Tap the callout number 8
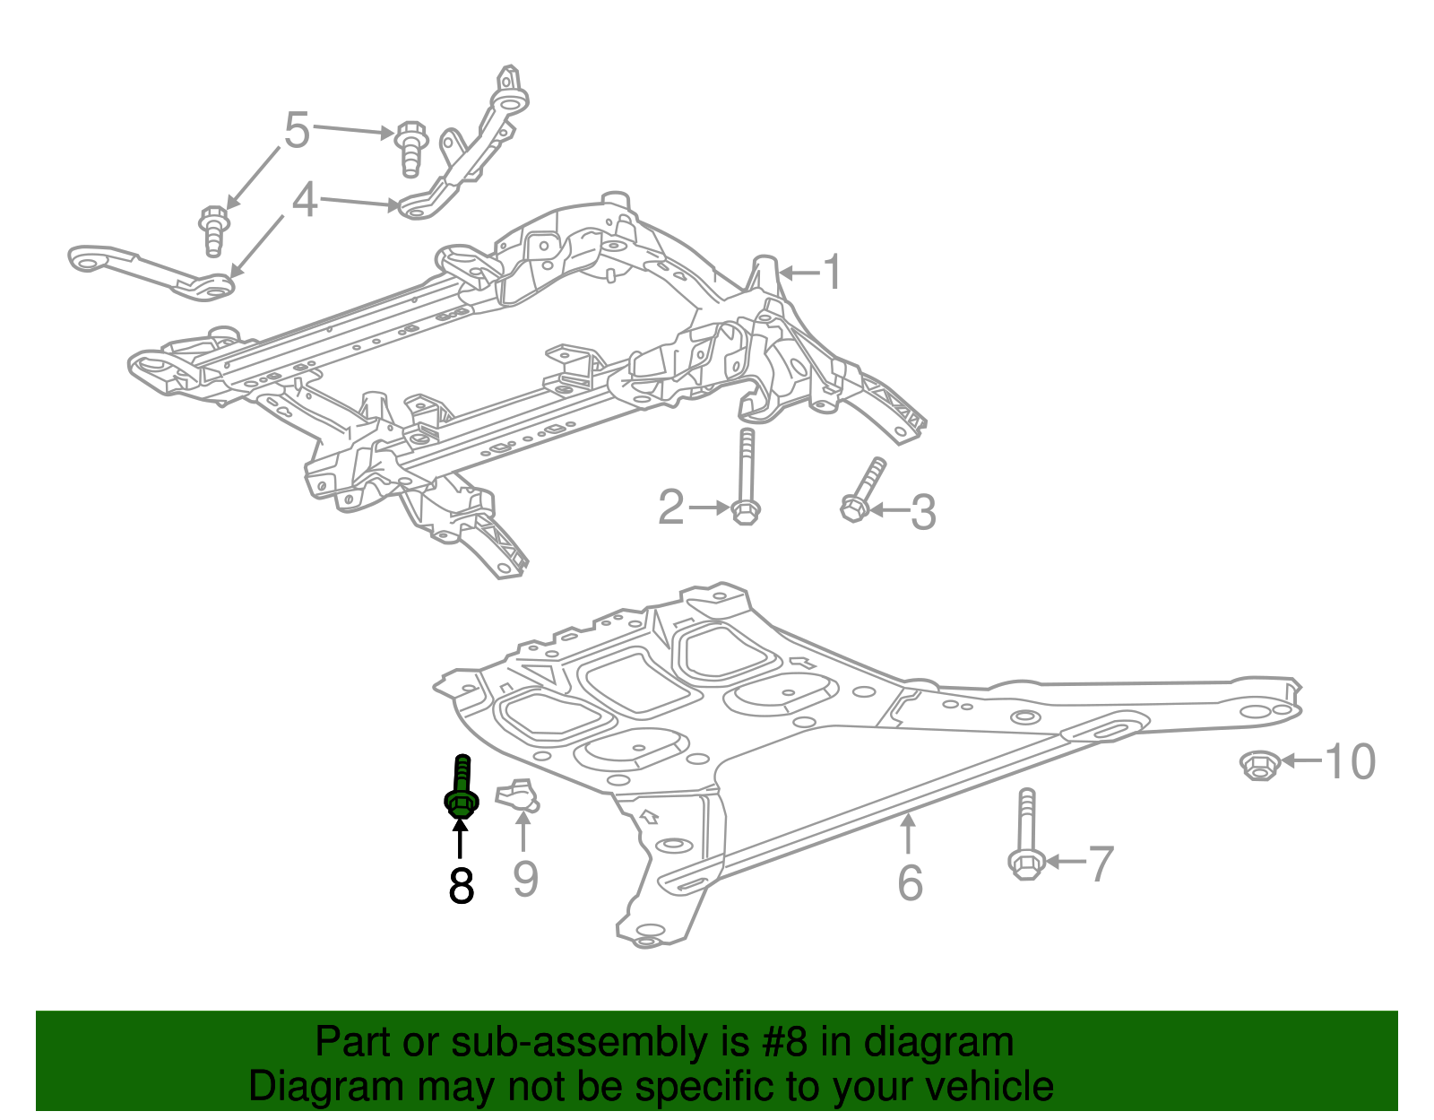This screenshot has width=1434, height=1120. pyautogui.click(x=462, y=886)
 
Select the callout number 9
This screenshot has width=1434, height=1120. pyautogui.click(x=525, y=879)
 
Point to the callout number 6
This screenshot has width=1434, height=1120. pyautogui.click(x=910, y=882)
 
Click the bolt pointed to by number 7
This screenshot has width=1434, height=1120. pyautogui.click(x=1026, y=834)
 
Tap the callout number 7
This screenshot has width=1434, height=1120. pyautogui.click(x=1100, y=864)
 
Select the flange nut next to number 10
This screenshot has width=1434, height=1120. pyautogui.click(x=1260, y=765)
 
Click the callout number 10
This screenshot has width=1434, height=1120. pyautogui.click(x=1350, y=761)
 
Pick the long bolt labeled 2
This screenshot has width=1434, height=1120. pyautogui.click(x=746, y=476)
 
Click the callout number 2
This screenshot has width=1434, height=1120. pyautogui.click(x=671, y=508)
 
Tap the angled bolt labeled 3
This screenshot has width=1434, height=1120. pyautogui.click(x=863, y=489)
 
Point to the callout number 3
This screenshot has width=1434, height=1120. pyautogui.click(x=923, y=512)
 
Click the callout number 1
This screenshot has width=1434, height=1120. pyautogui.click(x=834, y=271)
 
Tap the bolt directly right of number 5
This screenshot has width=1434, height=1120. pyautogui.click(x=411, y=149)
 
